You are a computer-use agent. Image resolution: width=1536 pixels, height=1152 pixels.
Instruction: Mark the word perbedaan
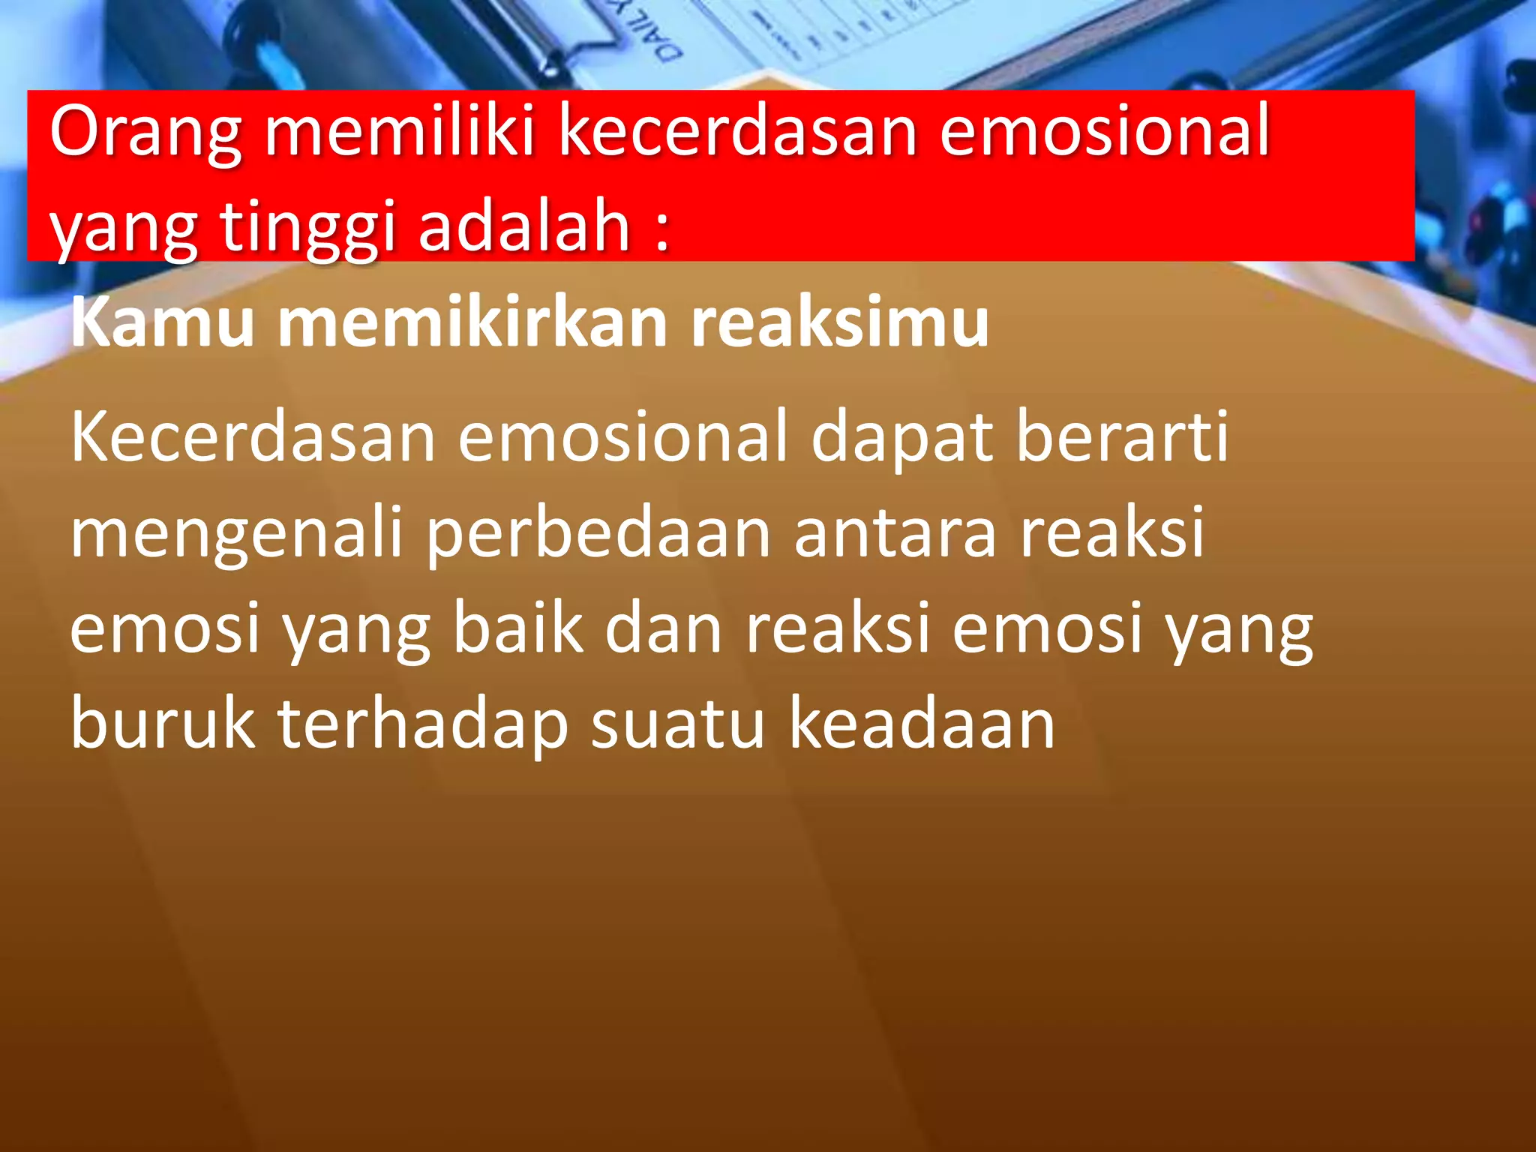(x=598, y=532)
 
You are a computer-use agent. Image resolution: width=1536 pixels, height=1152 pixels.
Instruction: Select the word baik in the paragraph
(x=518, y=628)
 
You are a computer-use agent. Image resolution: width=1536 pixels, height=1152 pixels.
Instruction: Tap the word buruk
(x=163, y=723)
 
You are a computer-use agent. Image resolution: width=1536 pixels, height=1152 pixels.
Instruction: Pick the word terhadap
(x=423, y=724)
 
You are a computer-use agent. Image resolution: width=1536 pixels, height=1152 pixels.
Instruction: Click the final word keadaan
(x=922, y=724)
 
